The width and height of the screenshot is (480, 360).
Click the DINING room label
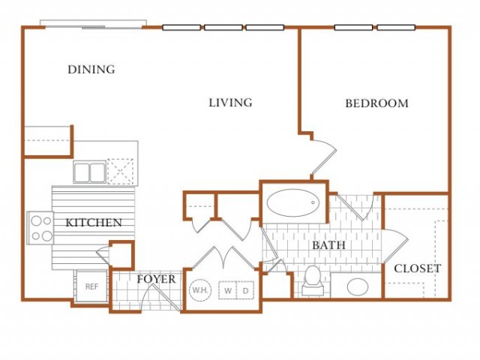(91, 70)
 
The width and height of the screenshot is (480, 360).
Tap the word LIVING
(230, 103)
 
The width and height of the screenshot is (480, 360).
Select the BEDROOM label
(376, 103)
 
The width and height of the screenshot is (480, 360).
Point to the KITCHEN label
(94, 223)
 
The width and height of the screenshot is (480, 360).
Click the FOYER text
(156, 279)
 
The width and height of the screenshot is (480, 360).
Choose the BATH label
(328, 245)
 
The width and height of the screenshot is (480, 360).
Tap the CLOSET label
(417, 268)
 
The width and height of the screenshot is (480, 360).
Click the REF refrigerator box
(91, 286)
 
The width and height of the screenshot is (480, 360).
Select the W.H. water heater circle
(200, 290)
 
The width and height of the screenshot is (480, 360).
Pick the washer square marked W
(227, 290)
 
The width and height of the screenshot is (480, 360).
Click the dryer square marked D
(245, 290)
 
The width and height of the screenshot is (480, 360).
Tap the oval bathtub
(293, 202)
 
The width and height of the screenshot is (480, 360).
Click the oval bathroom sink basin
(358, 286)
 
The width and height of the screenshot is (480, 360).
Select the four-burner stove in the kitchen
(40, 228)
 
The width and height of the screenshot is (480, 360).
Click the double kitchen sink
(90, 172)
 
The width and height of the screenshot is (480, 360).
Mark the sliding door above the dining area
(93, 24)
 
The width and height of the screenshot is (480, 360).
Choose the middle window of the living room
(223, 28)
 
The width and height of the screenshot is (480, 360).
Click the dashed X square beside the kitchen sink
(120, 172)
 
